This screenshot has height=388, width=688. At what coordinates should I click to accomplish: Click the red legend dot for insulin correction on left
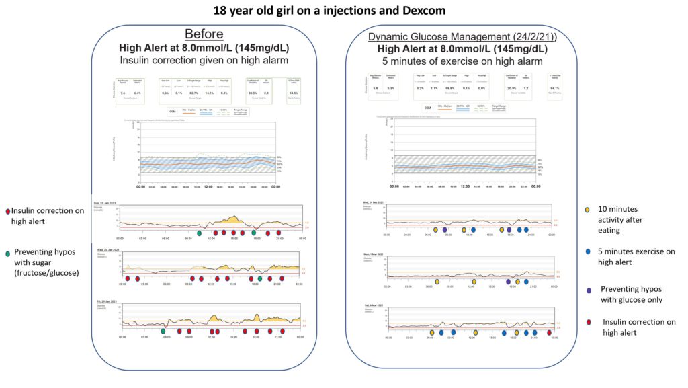pyautogui.click(x=7, y=210)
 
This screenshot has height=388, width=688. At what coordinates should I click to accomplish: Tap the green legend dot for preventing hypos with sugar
pyautogui.click(x=7, y=253)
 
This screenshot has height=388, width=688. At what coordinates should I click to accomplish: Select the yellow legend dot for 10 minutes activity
pyautogui.click(x=587, y=209)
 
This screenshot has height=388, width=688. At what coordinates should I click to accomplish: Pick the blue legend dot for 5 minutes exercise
pyautogui.click(x=587, y=252)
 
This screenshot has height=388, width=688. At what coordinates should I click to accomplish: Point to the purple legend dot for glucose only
pyautogui.click(x=588, y=290)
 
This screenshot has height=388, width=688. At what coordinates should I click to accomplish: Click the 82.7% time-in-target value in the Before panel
pyautogui.click(x=193, y=93)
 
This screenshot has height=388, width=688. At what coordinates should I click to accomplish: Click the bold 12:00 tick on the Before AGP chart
pyautogui.click(x=208, y=187)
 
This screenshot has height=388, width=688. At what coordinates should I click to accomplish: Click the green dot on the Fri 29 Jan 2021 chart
pyautogui.click(x=163, y=331)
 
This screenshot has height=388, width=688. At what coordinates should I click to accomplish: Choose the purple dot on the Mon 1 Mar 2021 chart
pyautogui.click(x=508, y=282)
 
